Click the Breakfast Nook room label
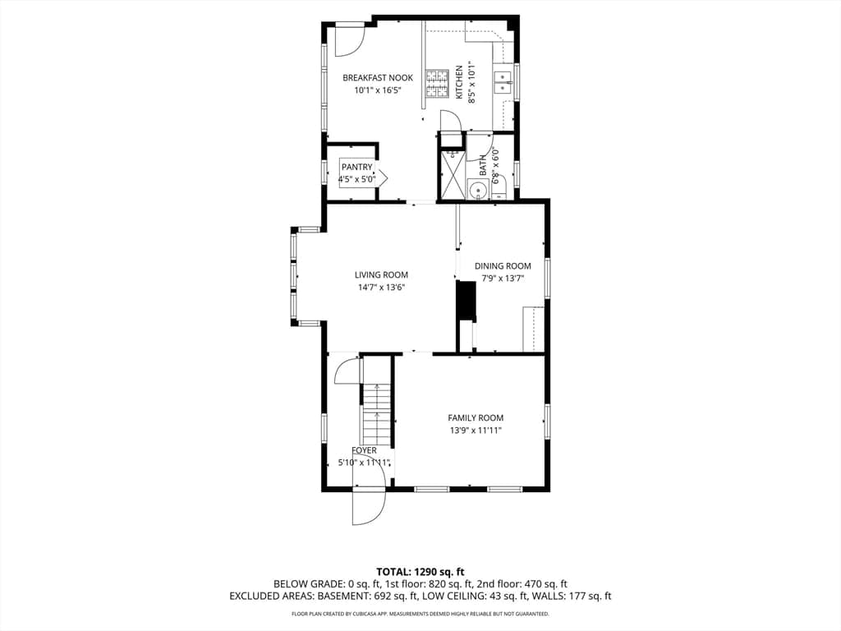pos(378,78)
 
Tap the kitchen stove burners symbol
pos(437,84)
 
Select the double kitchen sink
pos(503,81)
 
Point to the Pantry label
pos(356,168)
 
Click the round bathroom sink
pos(476,191)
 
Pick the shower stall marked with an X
pos(451,174)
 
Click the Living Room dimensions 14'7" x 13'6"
pos(381,287)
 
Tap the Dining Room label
pos(503,265)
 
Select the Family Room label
pos(476,417)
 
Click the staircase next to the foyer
pos(377,411)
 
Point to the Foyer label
pos(364,450)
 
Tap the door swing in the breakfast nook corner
pos(348,40)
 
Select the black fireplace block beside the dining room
pos(466,301)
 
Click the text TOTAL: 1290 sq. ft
pos(420,572)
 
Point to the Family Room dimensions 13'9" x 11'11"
pos(476,430)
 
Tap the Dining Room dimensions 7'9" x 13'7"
pos(503,278)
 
